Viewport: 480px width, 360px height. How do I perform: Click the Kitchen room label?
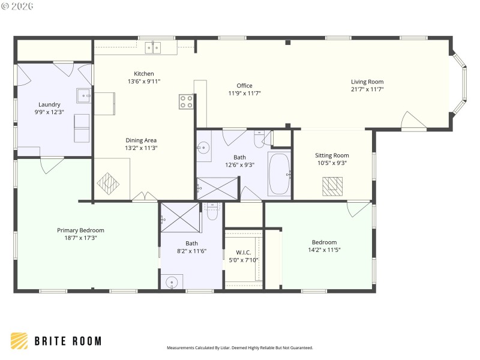[144, 74]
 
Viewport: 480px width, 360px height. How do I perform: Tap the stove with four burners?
[186, 101]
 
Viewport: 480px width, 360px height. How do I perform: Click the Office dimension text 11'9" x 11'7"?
[244, 93]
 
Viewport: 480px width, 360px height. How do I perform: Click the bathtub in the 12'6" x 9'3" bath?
[278, 174]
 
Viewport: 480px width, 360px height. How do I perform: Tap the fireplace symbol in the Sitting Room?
[331, 186]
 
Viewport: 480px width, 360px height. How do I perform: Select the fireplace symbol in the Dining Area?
[109, 183]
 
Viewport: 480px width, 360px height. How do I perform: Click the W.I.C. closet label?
[243, 252]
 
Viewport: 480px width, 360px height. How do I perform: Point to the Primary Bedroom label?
[80, 230]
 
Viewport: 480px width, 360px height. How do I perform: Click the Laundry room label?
[49, 104]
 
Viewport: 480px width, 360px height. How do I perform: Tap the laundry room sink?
[83, 95]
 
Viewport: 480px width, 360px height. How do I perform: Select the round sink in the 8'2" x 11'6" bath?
[172, 282]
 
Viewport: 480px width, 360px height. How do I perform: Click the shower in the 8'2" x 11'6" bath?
[179, 217]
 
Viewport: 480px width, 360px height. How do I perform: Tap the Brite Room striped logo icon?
[19, 341]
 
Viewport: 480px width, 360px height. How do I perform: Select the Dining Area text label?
[141, 140]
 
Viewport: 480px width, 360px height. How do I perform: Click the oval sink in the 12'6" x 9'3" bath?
[204, 146]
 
